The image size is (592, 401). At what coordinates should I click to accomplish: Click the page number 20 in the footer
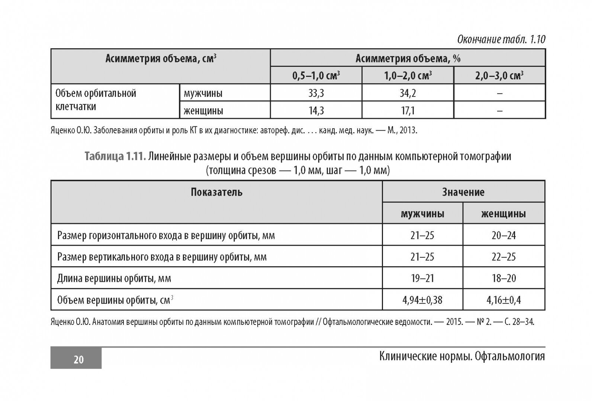[78, 359]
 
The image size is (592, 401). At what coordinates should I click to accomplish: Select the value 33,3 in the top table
[316, 93]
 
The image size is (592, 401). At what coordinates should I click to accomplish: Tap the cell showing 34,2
[408, 93]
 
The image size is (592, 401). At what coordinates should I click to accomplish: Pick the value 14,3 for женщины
[316, 111]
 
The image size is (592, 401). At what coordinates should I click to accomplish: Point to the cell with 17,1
[408, 111]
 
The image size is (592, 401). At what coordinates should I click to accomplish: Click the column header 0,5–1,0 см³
[316, 76]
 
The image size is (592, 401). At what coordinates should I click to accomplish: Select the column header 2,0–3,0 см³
[499, 76]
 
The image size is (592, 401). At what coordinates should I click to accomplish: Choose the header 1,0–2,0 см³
[408, 76]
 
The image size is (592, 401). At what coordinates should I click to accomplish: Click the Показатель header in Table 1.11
[216, 192]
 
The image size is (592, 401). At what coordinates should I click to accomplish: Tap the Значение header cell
[463, 192]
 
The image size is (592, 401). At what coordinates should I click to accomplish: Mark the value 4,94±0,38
[422, 300]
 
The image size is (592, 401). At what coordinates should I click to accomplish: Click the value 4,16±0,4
[503, 300]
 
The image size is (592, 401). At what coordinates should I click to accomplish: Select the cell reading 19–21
[422, 278]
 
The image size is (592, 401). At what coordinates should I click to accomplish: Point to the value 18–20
[503, 278]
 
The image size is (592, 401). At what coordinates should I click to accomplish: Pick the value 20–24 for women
[503, 235]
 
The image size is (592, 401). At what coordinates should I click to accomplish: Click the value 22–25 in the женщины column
[503, 257]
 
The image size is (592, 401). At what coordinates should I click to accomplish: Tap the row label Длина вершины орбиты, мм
[114, 278]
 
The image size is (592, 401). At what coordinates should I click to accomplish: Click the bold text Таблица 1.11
[114, 157]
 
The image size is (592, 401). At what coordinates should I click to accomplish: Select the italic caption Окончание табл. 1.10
[501, 39]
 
